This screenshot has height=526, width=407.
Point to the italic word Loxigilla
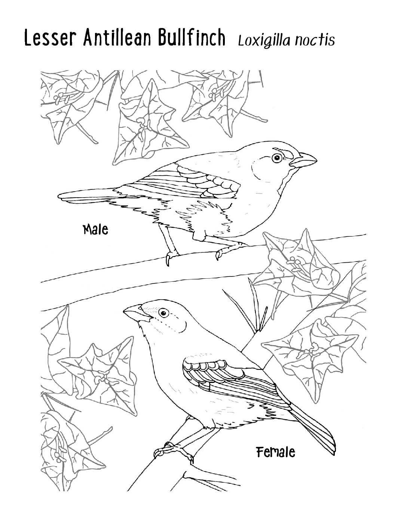(264, 40)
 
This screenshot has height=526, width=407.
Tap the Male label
(95, 229)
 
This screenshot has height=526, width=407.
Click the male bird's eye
(276, 158)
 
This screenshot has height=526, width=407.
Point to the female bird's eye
(164, 313)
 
